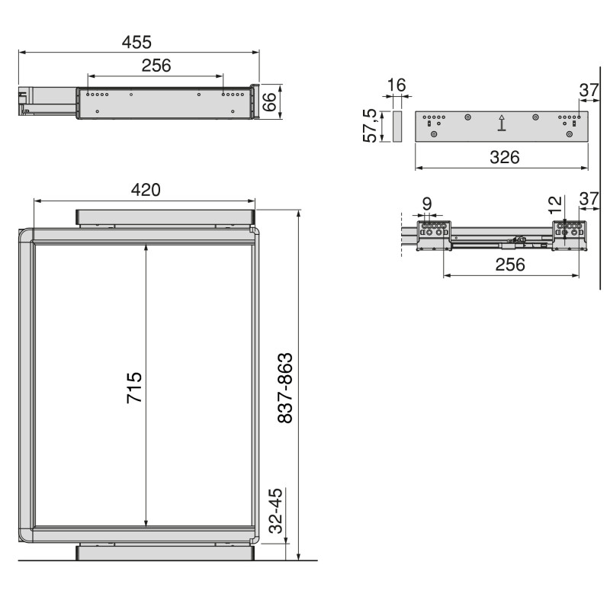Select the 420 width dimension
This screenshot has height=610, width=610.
click(x=145, y=190)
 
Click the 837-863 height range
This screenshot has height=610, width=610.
click(x=285, y=387)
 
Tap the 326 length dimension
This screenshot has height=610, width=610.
click(x=503, y=158)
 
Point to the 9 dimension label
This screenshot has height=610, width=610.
click(x=427, y=204)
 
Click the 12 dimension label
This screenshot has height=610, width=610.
click(x=556, y=204)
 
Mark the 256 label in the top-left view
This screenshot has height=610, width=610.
click(x=156, y=65)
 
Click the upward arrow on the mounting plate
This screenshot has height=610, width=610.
click(x=501, y=124)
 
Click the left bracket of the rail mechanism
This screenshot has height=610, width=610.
click(x=435, y=234)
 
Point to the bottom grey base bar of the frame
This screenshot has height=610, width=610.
click(x=165, y=552)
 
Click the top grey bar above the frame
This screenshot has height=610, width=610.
click(x=165, y=217)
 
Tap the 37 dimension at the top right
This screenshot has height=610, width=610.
click(x=588, y=90)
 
